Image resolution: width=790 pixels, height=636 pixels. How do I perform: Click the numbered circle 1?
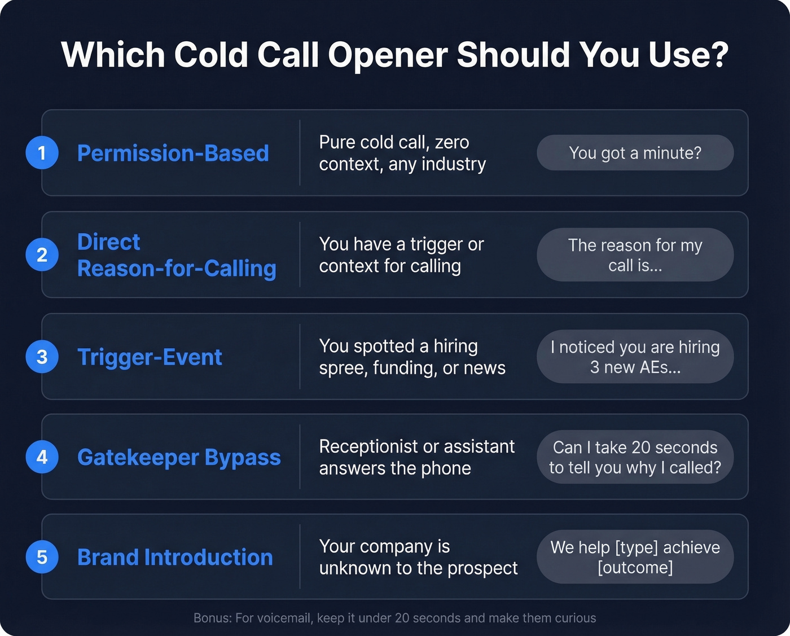(x=42, y=153)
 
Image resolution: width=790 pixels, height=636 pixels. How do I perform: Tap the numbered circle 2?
(x=42, y=255)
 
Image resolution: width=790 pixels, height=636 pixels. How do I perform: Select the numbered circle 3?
(x=42, y=357)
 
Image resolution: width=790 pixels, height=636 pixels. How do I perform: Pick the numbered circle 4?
(x=42, y=457)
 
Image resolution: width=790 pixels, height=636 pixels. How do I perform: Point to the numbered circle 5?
(x=42, y=557)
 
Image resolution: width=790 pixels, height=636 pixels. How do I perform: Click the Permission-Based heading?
(x=173, y=153)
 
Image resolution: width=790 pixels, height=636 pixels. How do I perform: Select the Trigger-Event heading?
(x=150, y=357)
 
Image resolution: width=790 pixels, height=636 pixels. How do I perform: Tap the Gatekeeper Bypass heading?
(x=179, y=457)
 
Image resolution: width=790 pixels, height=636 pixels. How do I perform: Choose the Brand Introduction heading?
(x=175, y=558)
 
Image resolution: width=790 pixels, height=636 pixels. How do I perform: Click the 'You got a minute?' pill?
(x=635, y=153)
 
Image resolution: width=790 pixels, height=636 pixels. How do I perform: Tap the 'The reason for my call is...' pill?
(x=635, y=255)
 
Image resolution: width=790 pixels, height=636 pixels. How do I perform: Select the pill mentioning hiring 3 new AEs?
(x=635, y=357)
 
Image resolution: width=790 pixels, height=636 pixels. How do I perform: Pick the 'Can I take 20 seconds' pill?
(x=635, y=457)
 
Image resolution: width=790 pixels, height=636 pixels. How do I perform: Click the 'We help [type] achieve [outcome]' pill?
(x=635, y=557)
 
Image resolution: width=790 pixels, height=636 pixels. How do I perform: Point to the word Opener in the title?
(x=388, y=56)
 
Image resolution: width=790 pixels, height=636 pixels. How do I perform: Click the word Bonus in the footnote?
(x=212, y=618)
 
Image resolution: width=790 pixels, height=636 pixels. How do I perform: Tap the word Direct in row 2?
(x=108, y=242)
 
